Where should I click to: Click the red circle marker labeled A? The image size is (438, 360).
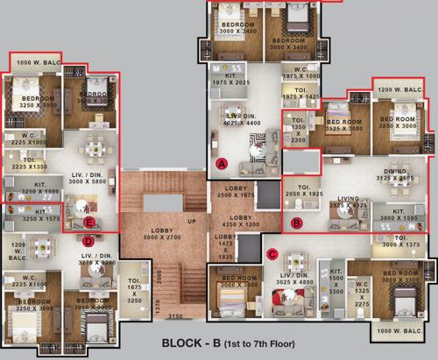point(222,164)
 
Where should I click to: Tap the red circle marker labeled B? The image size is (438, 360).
point(296,223)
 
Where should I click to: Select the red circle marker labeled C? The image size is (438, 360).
point(272,254)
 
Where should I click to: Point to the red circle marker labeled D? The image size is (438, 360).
point(88,240)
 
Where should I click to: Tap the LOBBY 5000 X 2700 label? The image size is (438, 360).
point(164,233)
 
